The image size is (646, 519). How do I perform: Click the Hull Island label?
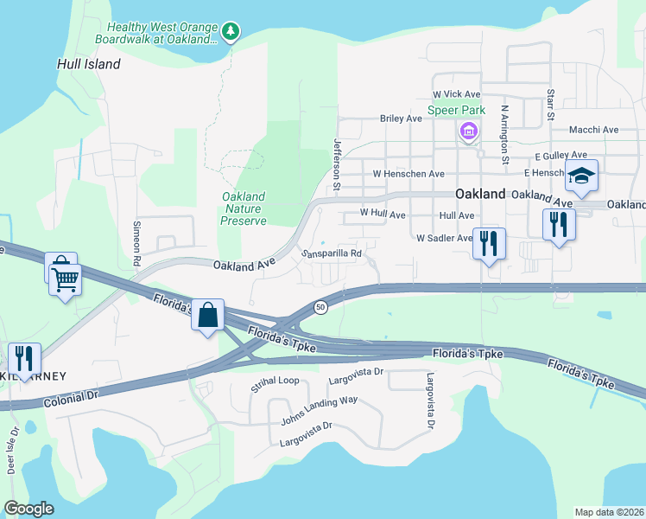(89, 64)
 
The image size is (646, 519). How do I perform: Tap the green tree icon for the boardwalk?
(230, 32)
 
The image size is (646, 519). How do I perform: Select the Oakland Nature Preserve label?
(244, 208)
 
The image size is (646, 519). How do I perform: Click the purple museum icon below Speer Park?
(468, 131)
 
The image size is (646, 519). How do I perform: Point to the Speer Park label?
(456, 110)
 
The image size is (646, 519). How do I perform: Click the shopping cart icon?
(65, 279)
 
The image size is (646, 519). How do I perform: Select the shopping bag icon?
(208, 316)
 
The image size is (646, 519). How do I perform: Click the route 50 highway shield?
(320, 307)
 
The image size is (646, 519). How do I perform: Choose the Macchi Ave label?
(593, 130)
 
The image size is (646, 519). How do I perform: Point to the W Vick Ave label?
(456, 93)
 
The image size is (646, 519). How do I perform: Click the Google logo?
(29, 509)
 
